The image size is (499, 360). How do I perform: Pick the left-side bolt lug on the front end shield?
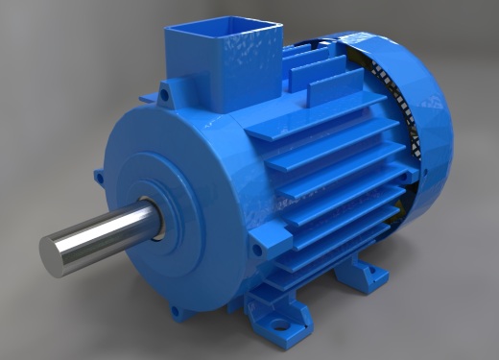(x=99, y=178)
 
